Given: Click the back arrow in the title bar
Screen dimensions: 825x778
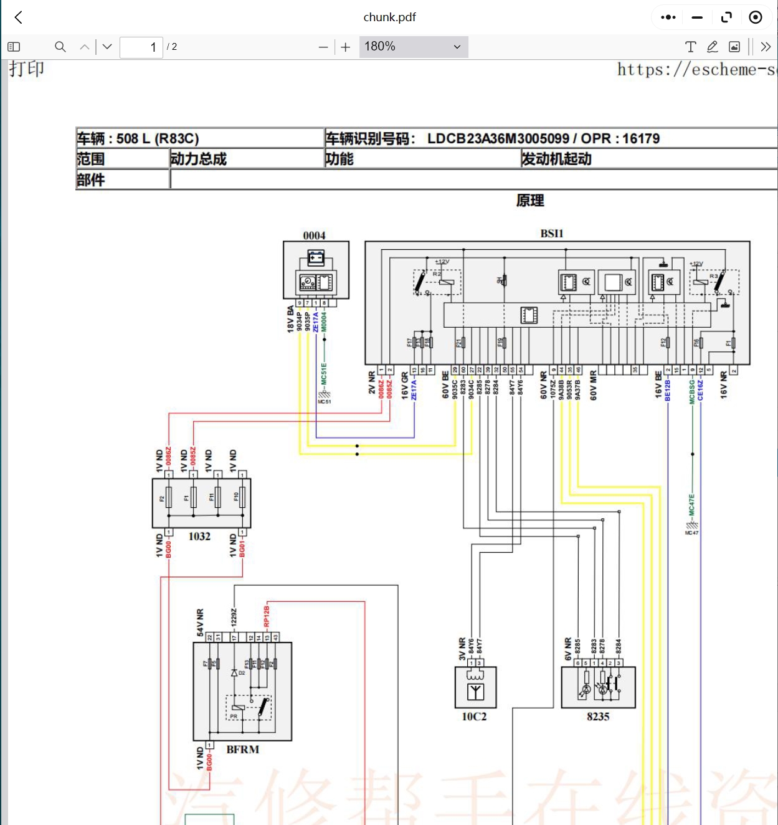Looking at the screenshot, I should pyautogui.click(x=19, y=17).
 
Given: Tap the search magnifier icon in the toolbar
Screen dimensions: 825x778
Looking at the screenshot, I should pyautogui.click(x=60, y=47).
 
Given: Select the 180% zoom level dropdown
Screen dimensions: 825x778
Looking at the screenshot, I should pyautogui.click(x=413, y=47).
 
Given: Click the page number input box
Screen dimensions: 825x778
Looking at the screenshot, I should pyautogui.click(x=141, y=47).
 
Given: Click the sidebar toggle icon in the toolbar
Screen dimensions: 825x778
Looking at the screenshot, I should pyautogui.click(x=14, y=47).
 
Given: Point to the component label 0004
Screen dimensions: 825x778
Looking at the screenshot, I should pyautogui.click(x=314, y=236).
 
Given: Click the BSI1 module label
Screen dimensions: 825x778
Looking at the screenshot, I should pyautogui.click(x=551, y=234).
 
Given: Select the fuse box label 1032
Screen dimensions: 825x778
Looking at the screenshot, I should pyautogui.click(x=199, y=536).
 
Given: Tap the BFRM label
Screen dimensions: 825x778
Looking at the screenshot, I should pyautogui.click(x=242, y=750).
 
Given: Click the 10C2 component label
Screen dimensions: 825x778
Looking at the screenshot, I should pyautogui.click(x=474, y=717).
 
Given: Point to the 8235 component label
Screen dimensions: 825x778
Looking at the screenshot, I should pyautogui.click(x=598, y=717).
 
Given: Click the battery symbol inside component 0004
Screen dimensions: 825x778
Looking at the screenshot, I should pyautogui.click(x=316, y=257).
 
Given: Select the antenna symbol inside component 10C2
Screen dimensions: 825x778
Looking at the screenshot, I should pyautogui.click(x=475, y=692).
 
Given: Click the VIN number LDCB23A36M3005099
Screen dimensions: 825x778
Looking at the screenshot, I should pyautogui.click(x=498, y=138).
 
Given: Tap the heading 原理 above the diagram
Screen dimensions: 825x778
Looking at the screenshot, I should pyautogui.click(x=530, y=201).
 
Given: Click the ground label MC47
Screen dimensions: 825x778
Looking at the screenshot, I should pyautogui.click(x=691, y=533).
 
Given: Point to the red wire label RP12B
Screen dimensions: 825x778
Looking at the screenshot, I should pyautogui.click(x=267, y=616).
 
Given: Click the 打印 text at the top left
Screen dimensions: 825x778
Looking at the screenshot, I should pyautogui.click(x=27, y=69).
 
